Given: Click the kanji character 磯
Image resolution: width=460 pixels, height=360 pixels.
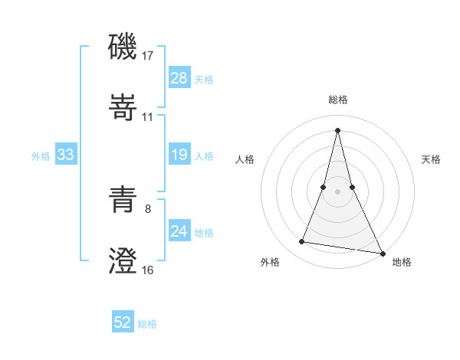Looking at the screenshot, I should pos(123,47).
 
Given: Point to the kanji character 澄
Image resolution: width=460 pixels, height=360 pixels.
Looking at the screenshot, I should pos(123,260).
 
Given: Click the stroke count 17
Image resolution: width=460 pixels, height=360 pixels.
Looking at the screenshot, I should pos(149,56).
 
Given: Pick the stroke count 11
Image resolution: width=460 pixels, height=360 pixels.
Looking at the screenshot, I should pos(148,117).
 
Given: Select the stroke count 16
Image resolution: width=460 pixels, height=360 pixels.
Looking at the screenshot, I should pos(148,270).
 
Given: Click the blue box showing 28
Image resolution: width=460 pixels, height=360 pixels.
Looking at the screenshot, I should pos(179,78).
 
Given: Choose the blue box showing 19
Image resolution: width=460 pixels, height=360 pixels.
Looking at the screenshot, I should pos(179,155).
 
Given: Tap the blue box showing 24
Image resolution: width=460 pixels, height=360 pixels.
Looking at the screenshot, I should pos(179,231).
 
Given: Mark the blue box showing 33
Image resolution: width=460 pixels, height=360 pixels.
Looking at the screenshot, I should pos(66,155).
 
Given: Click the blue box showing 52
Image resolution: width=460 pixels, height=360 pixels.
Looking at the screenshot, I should pos(123,323).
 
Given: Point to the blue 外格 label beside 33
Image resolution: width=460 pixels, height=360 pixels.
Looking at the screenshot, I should pos(41,155).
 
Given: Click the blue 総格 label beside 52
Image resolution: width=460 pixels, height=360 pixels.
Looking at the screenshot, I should pos(147,324).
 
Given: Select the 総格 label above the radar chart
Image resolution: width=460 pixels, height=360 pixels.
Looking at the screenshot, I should pos(338,100).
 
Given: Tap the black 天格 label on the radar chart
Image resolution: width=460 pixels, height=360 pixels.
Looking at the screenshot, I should pos(432,159).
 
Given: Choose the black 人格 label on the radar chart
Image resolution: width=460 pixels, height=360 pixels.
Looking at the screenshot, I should pos(245,159).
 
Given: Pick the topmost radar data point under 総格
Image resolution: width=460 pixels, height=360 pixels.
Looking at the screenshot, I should pos(338,129).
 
